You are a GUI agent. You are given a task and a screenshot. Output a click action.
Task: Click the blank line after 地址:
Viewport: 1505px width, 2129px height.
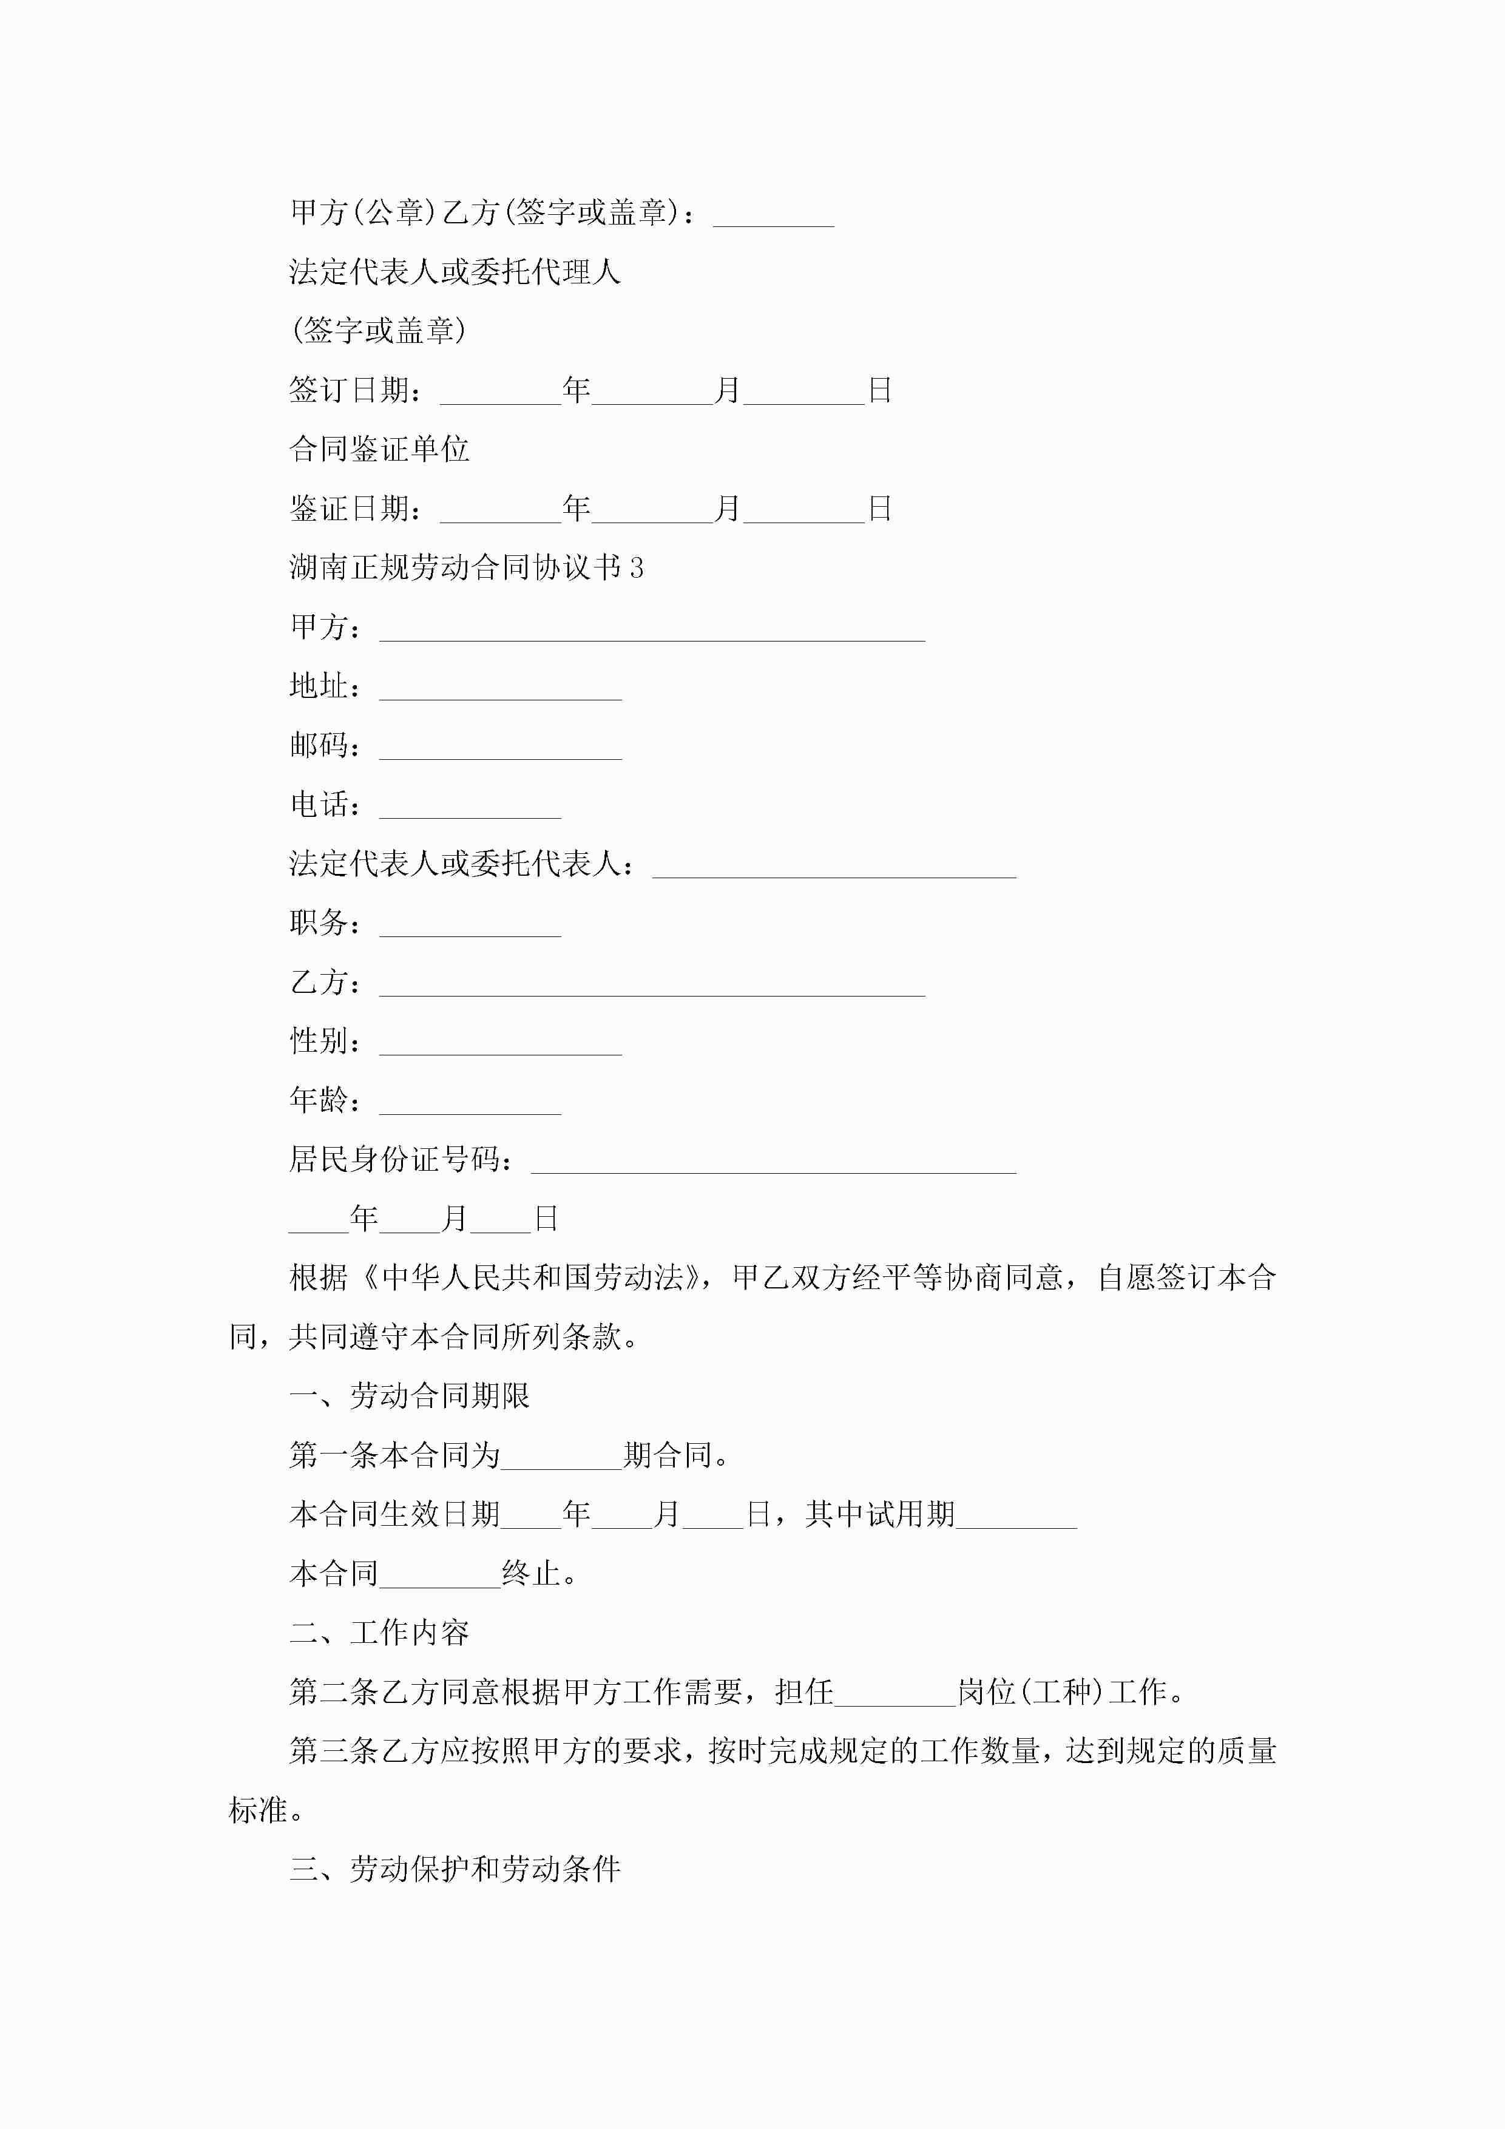[x=500, y=689]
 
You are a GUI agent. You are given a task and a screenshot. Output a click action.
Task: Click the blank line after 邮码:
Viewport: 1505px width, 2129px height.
[x=500, y=748]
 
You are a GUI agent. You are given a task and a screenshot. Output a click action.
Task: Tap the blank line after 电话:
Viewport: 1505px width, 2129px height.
[x=470, y=808]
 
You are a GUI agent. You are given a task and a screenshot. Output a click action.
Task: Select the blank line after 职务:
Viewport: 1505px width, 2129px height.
[x=470, y=926]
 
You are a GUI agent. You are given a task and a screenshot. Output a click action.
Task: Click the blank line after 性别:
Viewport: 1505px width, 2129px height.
[x=500, y=1044]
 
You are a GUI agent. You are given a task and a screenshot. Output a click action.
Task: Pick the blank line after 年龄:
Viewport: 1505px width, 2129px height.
[x=470, y=1103]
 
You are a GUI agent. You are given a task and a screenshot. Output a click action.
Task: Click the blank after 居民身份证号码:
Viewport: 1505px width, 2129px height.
[x=773, y=1163]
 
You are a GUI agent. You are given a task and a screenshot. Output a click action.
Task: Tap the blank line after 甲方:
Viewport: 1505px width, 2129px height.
[x=652, y=629]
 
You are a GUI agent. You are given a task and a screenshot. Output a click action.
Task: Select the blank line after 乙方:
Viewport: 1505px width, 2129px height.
[x=652, y=985]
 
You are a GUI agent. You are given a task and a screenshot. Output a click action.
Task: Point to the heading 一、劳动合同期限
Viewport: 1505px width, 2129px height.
[x=410, y=1395]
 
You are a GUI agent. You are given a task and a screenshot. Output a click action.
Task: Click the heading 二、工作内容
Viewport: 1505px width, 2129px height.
[x=379, y=1632]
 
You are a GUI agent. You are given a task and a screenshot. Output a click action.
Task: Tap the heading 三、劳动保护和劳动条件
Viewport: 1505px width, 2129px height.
[x=455, y=1869]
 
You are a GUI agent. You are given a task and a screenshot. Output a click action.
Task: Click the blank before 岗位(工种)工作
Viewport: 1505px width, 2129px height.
[x=895, y=1695]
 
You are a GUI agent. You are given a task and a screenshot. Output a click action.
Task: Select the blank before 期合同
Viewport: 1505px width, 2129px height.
[x=561, y=1458]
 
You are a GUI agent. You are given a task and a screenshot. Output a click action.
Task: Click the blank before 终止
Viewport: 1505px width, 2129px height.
[x=441, y=1576]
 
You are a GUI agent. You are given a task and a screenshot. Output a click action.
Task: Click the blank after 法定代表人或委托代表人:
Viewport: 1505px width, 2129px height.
[x=834, y=867]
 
